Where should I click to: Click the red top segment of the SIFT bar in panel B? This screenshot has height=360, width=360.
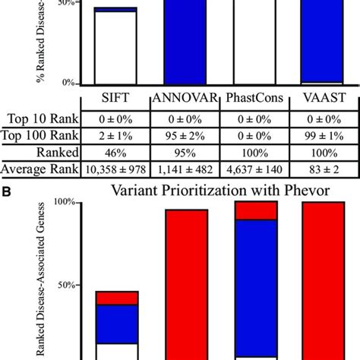[116, 298]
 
